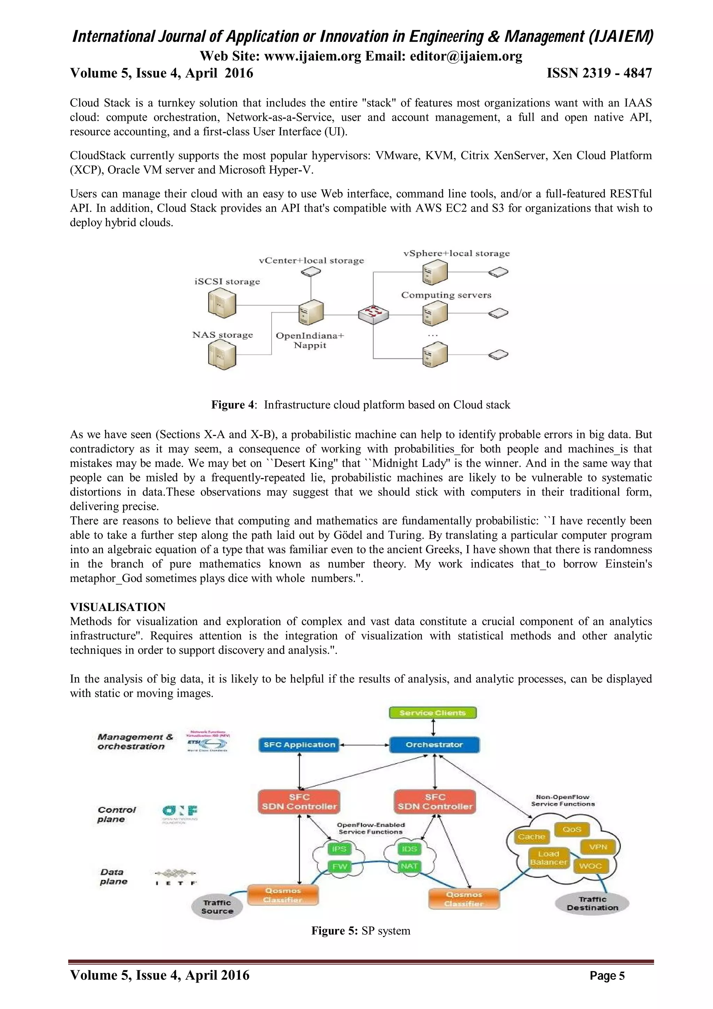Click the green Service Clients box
coord(433,713)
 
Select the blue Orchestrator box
coord(434,744)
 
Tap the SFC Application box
coord(299,744)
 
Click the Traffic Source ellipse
coord(217,907)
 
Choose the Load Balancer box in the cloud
coord(549,858)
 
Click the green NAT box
coord(409,866)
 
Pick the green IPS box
coord(339,848)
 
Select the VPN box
coord(598,846)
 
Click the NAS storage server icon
coord(222,355)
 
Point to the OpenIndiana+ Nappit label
coord(310,340)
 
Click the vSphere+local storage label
coord(456,253)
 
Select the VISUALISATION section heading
coord(118,607)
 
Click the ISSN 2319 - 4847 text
coord(599,73)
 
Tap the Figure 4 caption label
coord(233,405)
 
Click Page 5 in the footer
coord(607,976)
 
